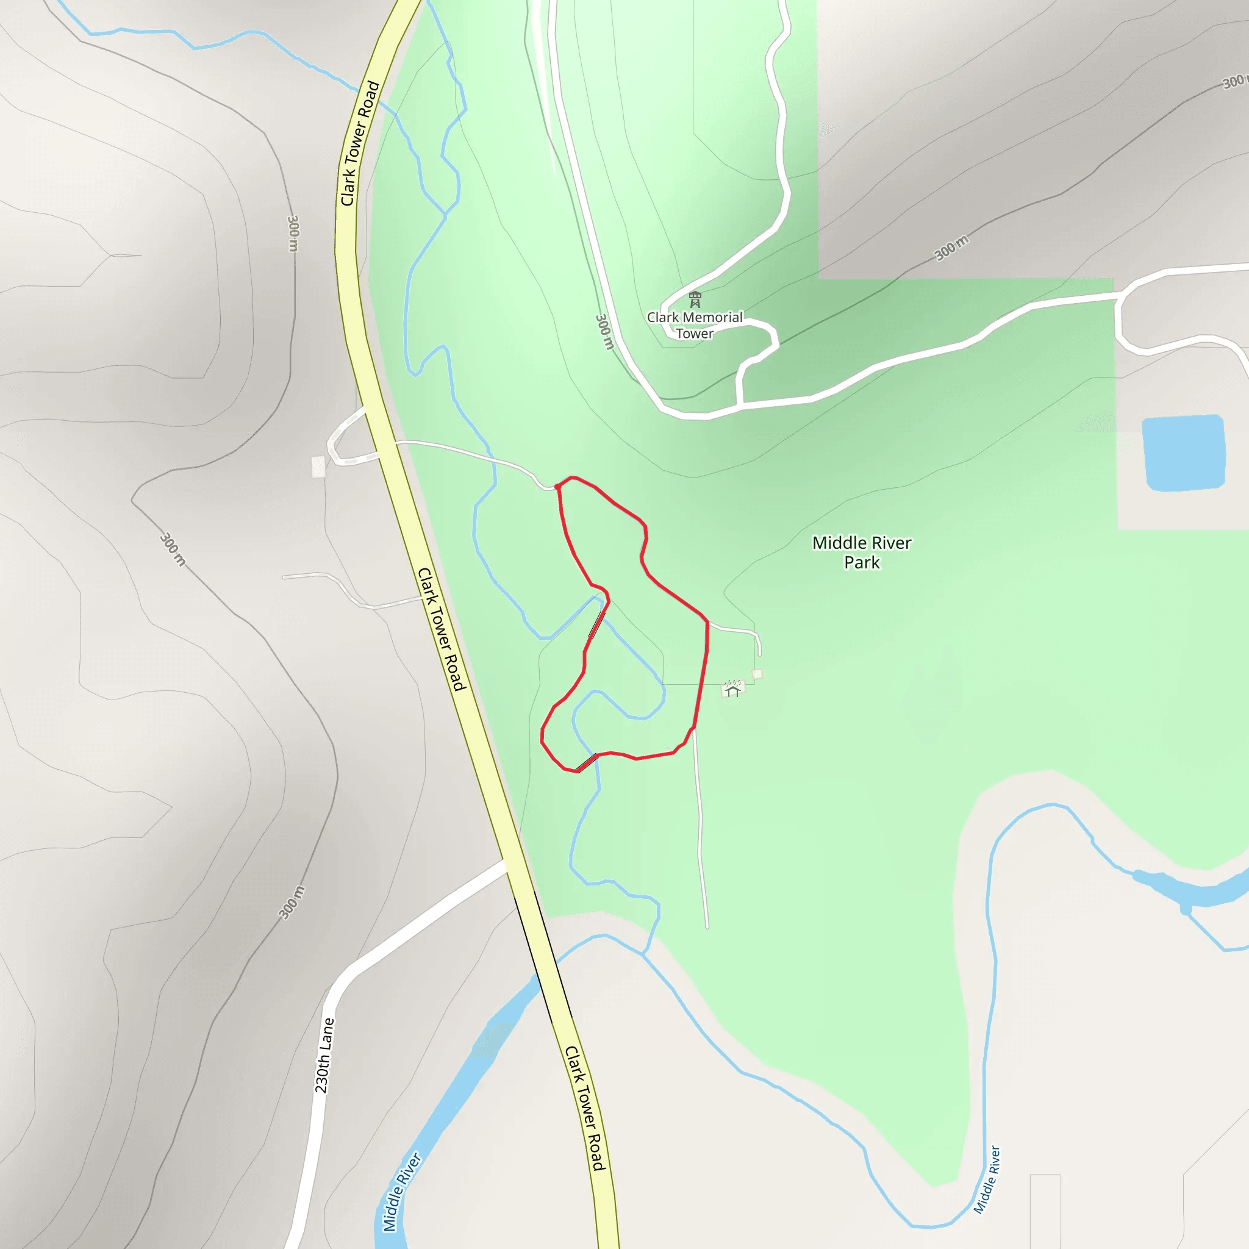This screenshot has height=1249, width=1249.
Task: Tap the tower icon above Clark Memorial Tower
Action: [x=695, y=299]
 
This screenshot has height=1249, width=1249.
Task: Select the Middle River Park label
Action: [x=862, y=552]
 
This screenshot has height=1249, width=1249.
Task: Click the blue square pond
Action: [x=1183, y=453]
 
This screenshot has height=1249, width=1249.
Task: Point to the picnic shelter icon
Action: [x=732, y=689]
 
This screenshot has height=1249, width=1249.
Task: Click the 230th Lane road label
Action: [x=324, y=1056]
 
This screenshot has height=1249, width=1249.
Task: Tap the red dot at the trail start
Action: [x=558, y=487]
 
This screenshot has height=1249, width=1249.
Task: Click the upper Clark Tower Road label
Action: [x=359, y=143]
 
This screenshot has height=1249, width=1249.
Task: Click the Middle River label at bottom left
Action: [x=401, y=1191]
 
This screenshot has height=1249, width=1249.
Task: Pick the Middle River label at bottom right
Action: [x=987, y=1180]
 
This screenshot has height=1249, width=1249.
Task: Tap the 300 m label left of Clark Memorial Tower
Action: [x=604, y=332]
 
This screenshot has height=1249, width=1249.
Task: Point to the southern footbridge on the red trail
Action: [x=586, y=764]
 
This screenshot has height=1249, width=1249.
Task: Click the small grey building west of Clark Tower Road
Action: [x=318, y=467]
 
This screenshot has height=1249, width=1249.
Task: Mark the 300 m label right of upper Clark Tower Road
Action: [x=293, y=233]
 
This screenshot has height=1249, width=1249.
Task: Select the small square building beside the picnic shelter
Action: [x=757, y=675]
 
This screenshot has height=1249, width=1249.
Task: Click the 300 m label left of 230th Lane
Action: [x=292, y=902]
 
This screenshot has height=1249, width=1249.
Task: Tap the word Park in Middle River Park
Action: [x=862, y=562]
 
